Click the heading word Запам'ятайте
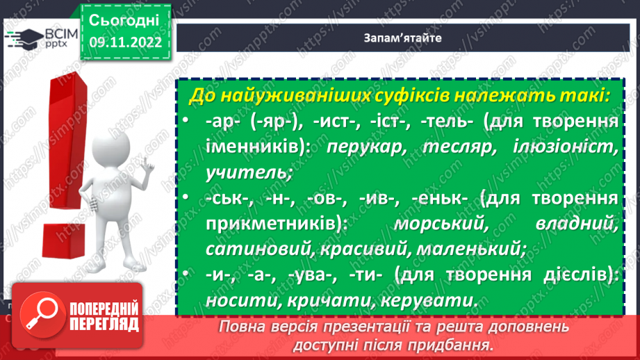point(407,38)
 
